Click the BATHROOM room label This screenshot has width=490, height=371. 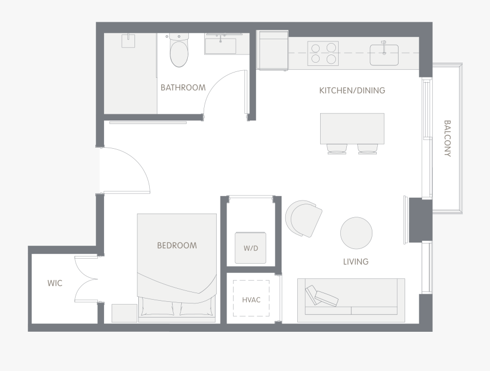pyautogui.click(x=183, y=88)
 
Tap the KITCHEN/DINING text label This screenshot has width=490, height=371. pyautogui.click(x=352, y=90)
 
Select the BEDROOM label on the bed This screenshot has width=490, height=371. pyautogui.click(x=177, y=246)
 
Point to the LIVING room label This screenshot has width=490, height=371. pyautogui.click(x=356, y=261)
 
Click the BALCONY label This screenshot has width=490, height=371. pyautogui.click(x=448, y=138)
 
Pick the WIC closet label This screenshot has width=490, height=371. pyautogui.click(x=55, y=283)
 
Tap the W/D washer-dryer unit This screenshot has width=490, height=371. pyautogui.click(x=250, y=248)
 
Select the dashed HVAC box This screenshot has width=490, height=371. pyautogui.click(x=251, y=298)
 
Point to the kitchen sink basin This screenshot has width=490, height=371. pyautogui.click(x=384, y=55)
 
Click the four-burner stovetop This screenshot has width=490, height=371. pyautogui.click(x=323, y=53)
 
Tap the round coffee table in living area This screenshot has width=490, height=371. pyautogui.click(x=356, y=233)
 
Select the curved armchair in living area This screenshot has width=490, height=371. pyautogui.click(x=303, y=218)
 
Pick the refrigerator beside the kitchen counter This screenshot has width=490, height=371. pyautogui.click(x=272, y=50)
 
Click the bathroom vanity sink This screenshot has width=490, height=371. pyautogui.click(x=220, y=46)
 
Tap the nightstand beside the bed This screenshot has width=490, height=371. pyautogui.click(x=124, y=313)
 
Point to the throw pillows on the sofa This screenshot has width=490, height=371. pyautogui.click(x=322, y=296)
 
